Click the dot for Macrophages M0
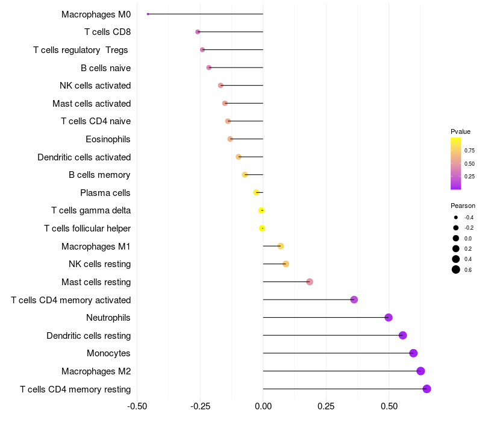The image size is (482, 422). [x=148, y=14]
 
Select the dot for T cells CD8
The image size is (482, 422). [x=198, y=32]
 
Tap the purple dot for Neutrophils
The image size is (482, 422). [x=389, y=318]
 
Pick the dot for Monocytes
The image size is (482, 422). [x=413, y=353]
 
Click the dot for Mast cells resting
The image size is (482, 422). [x=310, y=282]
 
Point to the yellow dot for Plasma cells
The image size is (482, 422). [x=257, y=192]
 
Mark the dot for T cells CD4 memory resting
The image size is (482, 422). [x=427, y=389]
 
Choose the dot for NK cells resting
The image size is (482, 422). [x=286, y=264]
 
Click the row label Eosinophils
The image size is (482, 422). [x=108, y=139]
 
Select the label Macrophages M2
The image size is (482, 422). [x=96, y=371]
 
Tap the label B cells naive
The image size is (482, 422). [x=105, y=68]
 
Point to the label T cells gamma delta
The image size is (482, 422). [x=91, y=210]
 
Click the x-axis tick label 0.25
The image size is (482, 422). [x=326, y=406]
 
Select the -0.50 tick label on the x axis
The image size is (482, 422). [x=137, y=406]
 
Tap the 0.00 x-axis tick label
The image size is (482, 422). [x=263, y=406]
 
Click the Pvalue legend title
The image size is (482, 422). [x=460, y=131]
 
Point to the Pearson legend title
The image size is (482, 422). [x=463, y=206]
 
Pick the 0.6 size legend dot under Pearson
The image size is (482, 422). [x=456, y=269]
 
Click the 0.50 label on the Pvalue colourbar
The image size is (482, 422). [x=469, y=163]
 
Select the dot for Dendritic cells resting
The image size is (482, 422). [x=402, y=335]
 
